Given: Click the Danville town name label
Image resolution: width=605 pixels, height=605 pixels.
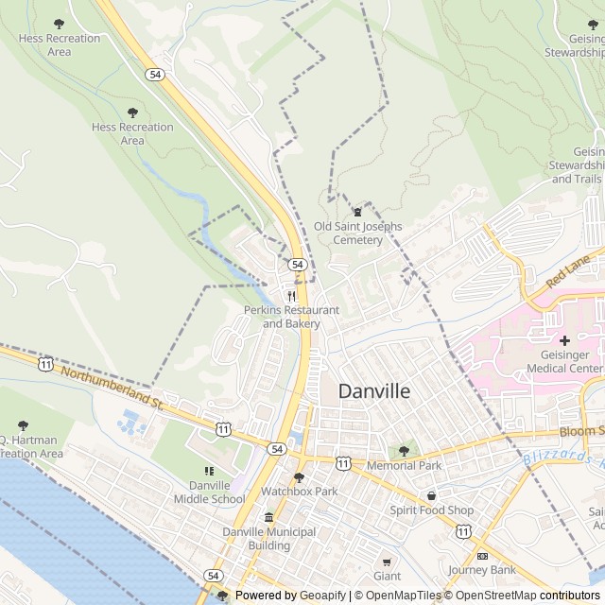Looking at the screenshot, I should click(374, 391).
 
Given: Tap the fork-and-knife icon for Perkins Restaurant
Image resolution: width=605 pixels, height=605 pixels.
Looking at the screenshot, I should click(291, 295).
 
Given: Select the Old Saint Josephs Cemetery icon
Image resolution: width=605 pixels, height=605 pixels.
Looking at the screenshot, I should click(357, 212).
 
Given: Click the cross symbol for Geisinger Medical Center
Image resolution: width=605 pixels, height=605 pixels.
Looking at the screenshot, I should click(564, 339).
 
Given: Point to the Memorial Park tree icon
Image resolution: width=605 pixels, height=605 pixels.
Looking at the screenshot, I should click(404, 451).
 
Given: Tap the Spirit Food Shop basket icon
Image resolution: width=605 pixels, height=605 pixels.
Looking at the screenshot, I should click(432, 495).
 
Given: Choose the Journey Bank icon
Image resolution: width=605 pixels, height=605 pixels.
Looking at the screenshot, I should click(482, 555).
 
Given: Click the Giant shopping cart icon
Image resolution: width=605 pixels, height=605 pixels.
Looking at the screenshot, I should click(387, 561).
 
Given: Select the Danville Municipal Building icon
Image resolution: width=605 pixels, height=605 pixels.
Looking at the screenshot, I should click(269, 517).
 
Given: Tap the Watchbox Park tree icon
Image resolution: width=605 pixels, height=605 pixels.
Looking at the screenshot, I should click(299, 477).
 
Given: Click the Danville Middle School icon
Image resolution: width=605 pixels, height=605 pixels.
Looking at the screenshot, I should click(209, 471).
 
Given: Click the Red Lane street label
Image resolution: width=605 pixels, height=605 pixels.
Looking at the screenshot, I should click(568, 271).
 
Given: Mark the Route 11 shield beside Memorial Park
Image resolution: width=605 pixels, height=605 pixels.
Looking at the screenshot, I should click(343, 462).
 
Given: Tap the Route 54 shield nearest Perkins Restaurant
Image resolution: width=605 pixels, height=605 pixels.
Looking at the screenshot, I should click(297, 265).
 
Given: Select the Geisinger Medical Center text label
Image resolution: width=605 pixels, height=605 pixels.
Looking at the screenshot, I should click(564, 361).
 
